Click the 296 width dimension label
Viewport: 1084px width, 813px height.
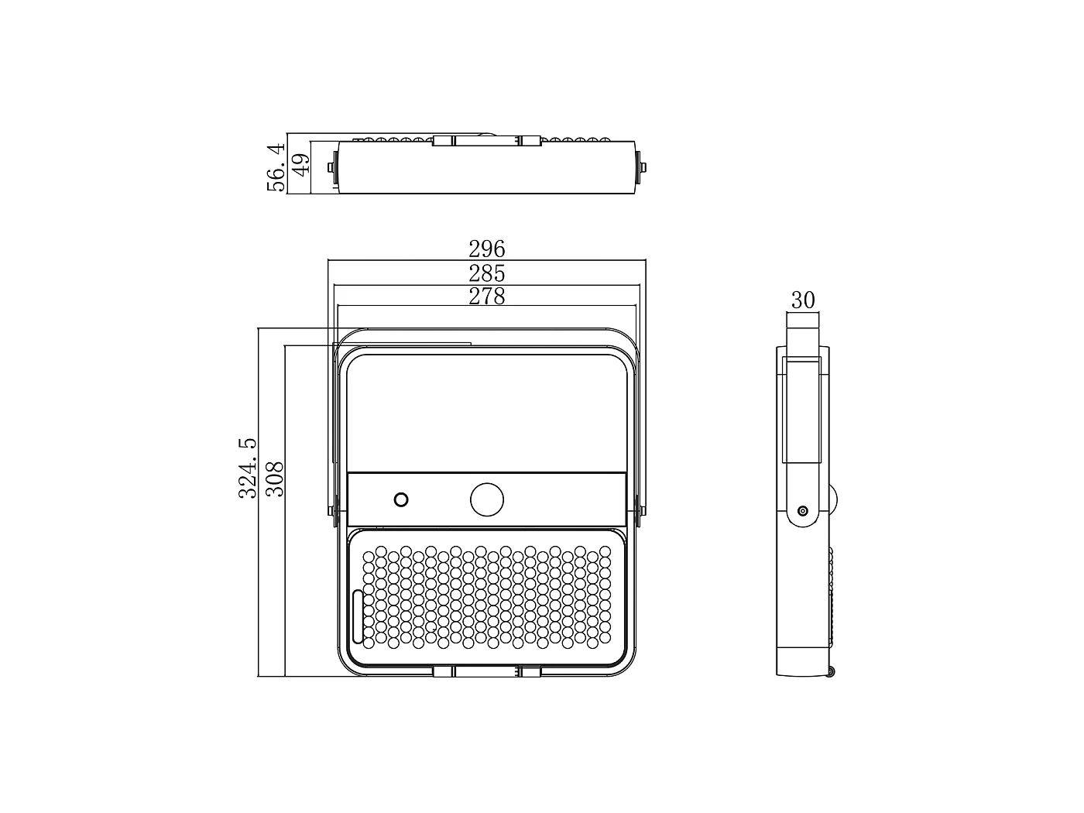click(x=486, y=249)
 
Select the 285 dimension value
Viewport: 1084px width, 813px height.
click(x=486, y=273)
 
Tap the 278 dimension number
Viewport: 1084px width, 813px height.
click(x=486, y=297)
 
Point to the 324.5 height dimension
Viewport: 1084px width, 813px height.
click(x=248, y=468)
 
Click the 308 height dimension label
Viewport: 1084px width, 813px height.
click(x=275, y=479)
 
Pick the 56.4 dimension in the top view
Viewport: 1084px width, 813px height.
click(x=276, y=167)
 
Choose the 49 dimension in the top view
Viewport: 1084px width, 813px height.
click(x=300, y=164)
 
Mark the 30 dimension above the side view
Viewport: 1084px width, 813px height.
click(x=803, y=300)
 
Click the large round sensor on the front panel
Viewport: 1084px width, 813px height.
click(x=486, y=499)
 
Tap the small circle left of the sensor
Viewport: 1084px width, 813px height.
click(x=401, y=499)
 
